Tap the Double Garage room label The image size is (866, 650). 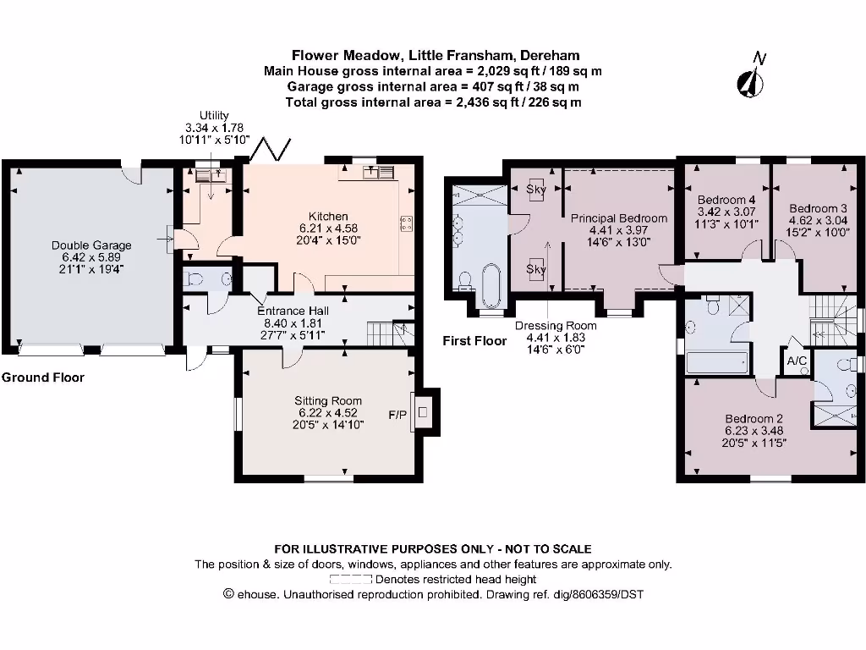[x=91, y=245]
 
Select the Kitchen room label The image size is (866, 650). [x=328, y=216]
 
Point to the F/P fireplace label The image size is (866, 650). [x=397, y=415]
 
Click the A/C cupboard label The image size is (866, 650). [x=797, y=361]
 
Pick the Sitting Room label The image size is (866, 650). [x=328, y=400]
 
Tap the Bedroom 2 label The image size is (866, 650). [x=754, y=418]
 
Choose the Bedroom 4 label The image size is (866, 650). [x=726, y=200]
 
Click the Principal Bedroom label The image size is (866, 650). [x=618, y=218]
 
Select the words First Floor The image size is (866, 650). [x=474, y=341]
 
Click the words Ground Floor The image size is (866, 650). [x=43, y=377]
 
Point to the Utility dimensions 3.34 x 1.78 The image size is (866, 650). [x=214, y=128]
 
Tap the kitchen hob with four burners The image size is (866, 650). [x=407, y=223]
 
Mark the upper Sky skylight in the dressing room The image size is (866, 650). [x=535, y=190]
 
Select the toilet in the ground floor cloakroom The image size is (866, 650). [x=193, y=280]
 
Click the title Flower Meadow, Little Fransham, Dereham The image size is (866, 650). [x=436, y=55]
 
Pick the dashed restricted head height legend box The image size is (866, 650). [x=351, y=579]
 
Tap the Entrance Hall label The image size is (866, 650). [x=293, y=311]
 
